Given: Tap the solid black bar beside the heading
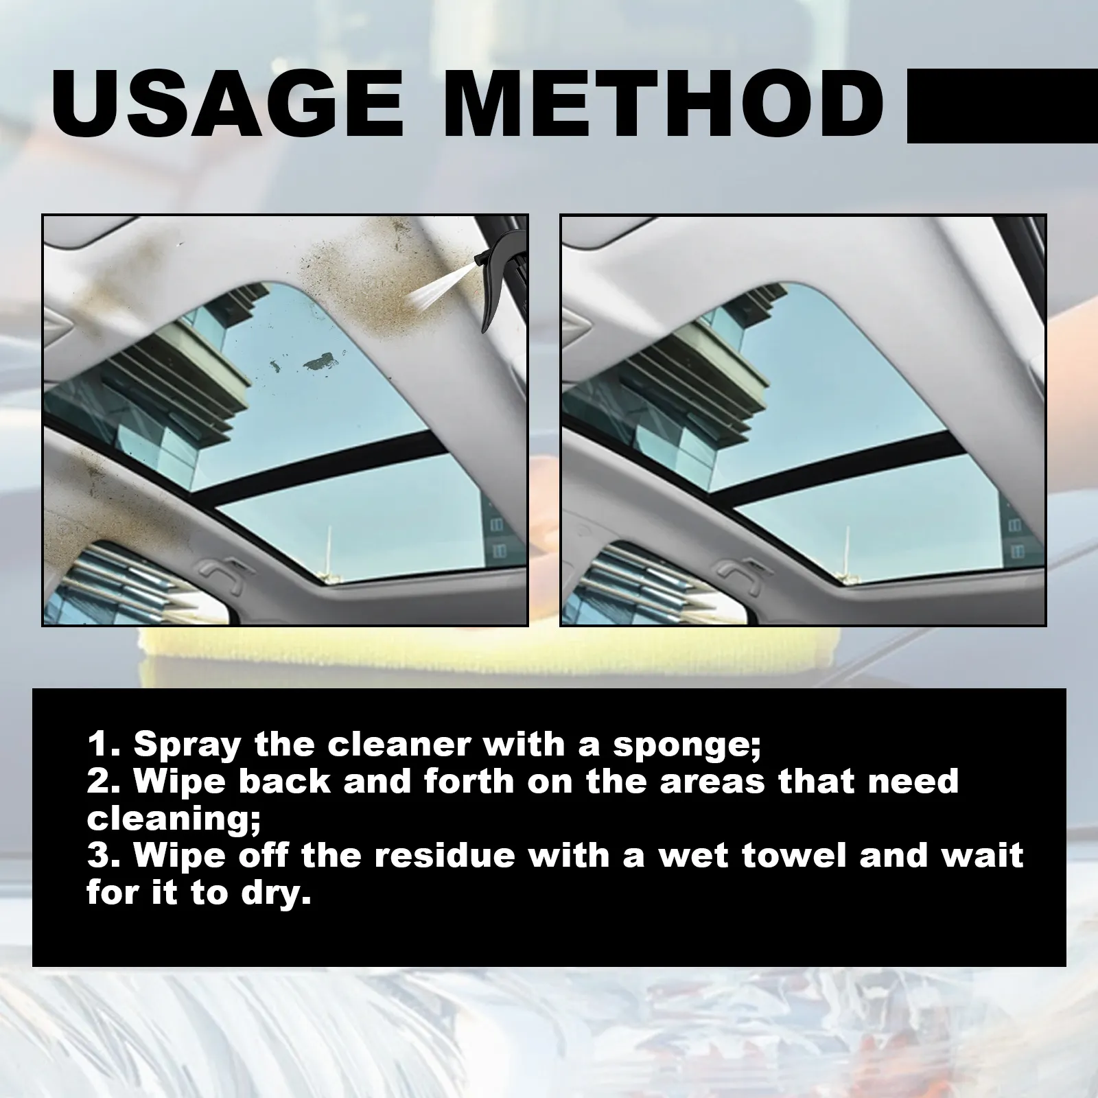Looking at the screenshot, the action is (x=1003, y=105).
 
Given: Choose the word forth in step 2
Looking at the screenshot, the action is (x=469, y=782).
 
